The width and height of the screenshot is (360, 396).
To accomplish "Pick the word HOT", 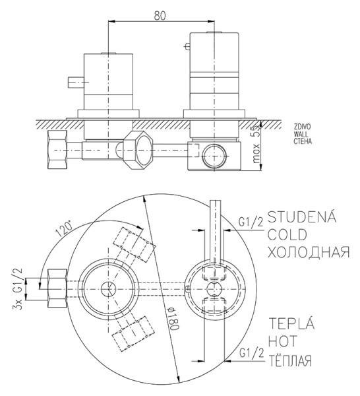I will click(x=283, y=342).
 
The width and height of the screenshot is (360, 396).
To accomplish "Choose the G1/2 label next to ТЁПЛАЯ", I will click(x=251, y=357).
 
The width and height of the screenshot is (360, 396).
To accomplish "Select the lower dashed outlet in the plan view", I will click(x=135, y=333).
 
